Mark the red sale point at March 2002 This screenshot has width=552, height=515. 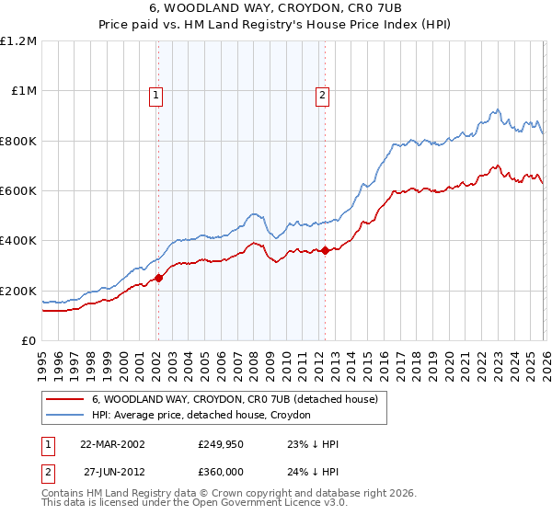(x=158, y=278)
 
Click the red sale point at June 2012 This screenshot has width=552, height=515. (x=325, y=250)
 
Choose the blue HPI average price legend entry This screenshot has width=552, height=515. (x=201, y=416)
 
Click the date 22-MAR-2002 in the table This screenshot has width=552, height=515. (x=112, y=444)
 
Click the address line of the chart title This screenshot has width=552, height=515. (x=276, y=8)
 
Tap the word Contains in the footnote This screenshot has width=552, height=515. (x=63, y=494)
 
